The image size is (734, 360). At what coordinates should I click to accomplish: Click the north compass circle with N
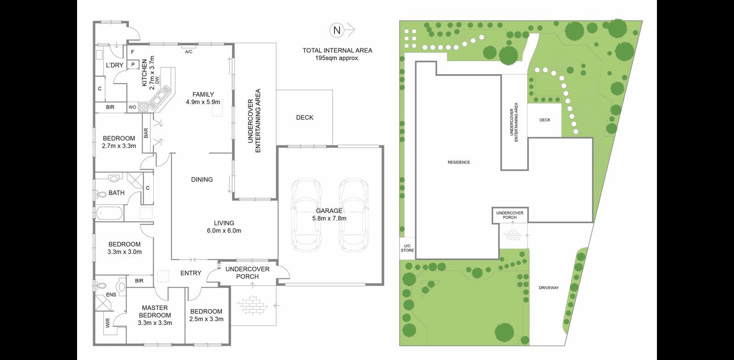[x=337, y=31]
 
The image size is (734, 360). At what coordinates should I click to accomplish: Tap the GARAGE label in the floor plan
[x=329, y=211]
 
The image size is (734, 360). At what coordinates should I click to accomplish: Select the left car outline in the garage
[x=306, y=215]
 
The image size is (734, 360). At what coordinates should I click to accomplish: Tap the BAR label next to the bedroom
[x=146, y=133]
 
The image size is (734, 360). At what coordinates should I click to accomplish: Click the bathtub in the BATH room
[x=109, y=213]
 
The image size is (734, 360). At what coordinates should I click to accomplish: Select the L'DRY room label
[x=114, y=65]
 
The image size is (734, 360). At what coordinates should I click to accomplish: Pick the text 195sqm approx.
[x=337, y=58]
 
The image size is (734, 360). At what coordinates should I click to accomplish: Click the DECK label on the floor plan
[x=305, y=117]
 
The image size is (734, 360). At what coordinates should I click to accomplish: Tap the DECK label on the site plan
[x=545, y=120]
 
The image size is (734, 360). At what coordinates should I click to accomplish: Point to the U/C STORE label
[x=407, y=248]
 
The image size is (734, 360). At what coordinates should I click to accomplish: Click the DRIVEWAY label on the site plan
[x=549, y=288]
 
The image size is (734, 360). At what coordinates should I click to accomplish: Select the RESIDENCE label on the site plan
[x=459, y=162]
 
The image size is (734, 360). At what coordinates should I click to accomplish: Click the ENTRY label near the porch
[x=191, y=273]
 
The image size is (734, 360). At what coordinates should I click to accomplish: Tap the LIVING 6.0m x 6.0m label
[x=224, y=227]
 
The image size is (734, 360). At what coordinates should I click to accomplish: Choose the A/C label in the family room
[x=189, y=52]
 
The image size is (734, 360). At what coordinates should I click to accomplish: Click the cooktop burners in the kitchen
[x=144, y=108]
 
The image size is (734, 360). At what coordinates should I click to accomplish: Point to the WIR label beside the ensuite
[x=108, y=324]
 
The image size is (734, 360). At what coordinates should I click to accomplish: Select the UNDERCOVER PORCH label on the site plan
[x=509, y=215]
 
